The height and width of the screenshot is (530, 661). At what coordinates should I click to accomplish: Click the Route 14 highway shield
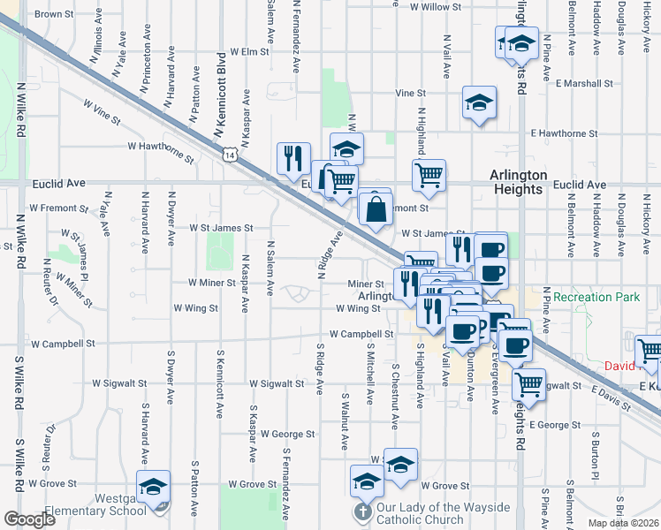tap(230, 155)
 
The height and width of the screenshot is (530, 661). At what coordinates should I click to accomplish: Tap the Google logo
tap(30, 519)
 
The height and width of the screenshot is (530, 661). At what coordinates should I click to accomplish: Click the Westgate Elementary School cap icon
tap(154, 488)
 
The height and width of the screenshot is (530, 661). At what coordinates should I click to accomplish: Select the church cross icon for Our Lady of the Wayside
tap(361, 512)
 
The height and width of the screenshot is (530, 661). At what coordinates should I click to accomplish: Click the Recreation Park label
tap(597, 298)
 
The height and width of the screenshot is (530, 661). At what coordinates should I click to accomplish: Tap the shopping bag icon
tap(376, 210)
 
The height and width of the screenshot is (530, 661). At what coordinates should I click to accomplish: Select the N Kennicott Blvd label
tap(221, 95)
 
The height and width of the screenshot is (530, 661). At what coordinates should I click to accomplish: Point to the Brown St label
tap(54, 14)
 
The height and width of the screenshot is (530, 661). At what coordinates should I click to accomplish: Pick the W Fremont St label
tap(58, 208)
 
